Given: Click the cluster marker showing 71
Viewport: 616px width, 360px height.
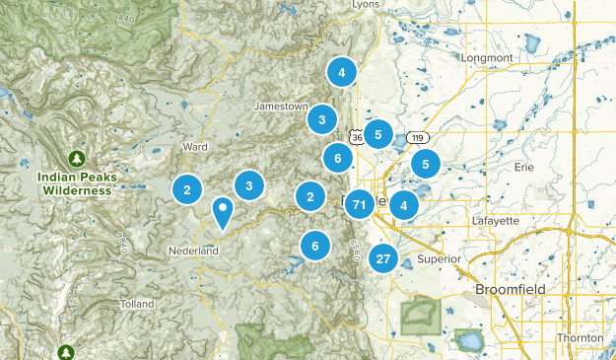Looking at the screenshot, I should tap(360, 205).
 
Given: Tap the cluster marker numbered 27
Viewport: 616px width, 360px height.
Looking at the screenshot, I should tap(383, 259).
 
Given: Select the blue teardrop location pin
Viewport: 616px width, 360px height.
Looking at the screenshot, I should tap(224, 211).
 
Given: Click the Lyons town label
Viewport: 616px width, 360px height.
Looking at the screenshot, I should tap(367, 5).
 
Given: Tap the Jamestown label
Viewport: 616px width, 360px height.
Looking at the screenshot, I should tap(281, 106).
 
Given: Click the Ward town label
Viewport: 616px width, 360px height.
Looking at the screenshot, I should tap(194, 147).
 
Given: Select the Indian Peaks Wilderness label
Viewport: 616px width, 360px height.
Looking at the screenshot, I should tap(77, 182).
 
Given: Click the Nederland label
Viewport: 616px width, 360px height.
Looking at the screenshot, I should tap(194, 252).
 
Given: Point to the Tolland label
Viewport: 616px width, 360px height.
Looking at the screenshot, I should tap(137, 304).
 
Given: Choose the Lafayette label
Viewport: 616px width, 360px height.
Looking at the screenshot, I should tap(496, 220).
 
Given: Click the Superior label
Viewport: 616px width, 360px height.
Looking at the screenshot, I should tap(438, 258).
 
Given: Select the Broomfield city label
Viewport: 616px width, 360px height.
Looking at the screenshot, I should tap(510, 290).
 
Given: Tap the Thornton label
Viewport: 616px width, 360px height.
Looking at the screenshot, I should tap(580, 337).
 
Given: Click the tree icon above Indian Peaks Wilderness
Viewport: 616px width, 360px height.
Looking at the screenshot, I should tap(77, 157).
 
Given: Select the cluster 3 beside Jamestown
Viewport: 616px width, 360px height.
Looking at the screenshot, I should tap(321, 120).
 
